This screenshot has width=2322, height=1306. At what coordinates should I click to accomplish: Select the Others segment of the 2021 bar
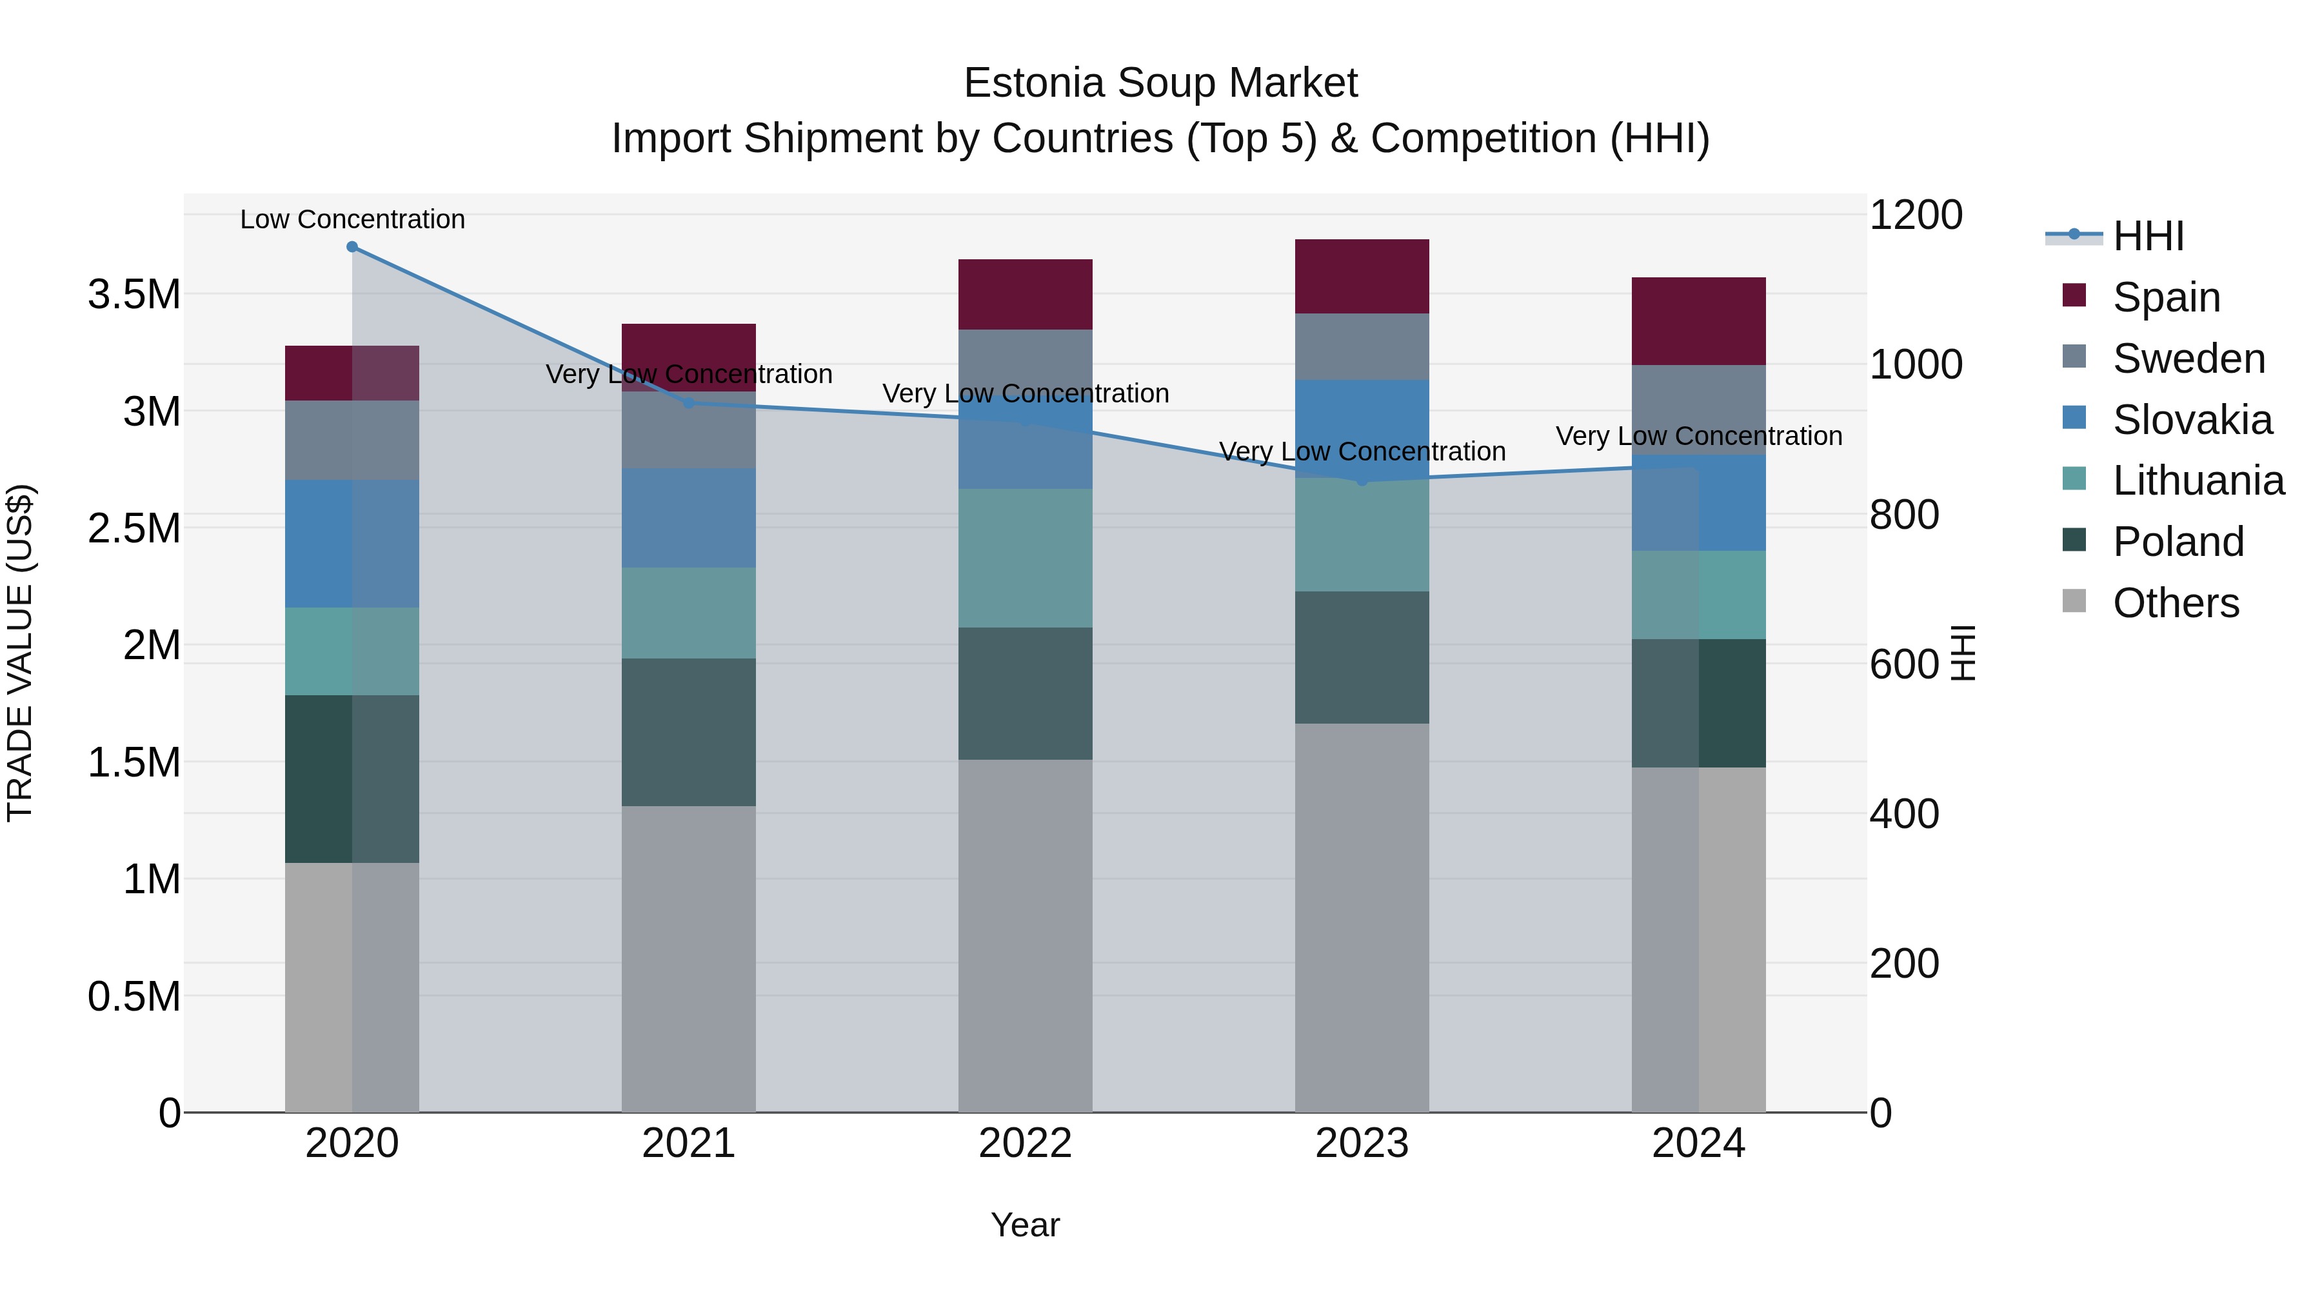[x=689, y=958]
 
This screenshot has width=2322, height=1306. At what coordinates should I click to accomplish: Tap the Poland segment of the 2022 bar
[x=1025, y=693]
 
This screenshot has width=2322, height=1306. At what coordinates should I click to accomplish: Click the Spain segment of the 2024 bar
[x=1698, y=321]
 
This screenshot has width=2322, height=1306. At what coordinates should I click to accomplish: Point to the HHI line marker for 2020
[x=352, y=247]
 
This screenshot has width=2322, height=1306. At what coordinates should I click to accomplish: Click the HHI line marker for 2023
[x=1362, y=480]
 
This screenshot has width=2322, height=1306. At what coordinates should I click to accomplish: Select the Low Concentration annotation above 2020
[x=352, y=219]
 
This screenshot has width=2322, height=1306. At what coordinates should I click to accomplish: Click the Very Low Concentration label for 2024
[x=1698, y=436]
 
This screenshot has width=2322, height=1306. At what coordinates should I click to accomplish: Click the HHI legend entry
[x=2148, y=236]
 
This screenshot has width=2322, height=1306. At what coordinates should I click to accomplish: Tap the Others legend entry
[x=2175, y=603]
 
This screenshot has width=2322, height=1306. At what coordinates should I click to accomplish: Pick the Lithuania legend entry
[x=2198, y=480]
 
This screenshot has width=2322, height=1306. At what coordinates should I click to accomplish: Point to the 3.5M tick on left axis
[x=134, y=295]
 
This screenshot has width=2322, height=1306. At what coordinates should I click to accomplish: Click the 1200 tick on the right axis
[x=1916, y=215]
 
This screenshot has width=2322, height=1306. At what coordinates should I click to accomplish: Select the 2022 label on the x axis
[x=1025, y=1143]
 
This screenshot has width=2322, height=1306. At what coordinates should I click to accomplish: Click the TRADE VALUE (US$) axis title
[x=20, y=653]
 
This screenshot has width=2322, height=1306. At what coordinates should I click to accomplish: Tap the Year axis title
[x=1025, y=1225]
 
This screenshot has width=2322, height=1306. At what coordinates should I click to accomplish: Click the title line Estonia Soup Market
[x=1160, y=83]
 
